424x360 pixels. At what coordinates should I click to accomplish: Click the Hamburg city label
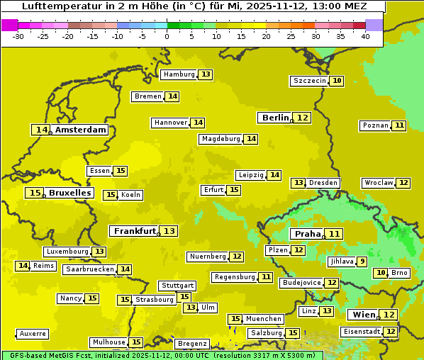[179, 74]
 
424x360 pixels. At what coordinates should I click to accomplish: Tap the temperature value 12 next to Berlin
[303, 118]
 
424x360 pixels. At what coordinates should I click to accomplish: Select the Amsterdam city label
[81, 130]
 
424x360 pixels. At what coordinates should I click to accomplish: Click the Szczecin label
[309, 81]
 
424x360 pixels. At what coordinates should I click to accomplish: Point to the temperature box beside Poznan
[399, 125]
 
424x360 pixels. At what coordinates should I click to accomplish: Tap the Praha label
[308, 234]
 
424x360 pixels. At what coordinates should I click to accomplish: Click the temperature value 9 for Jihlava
[362, 261]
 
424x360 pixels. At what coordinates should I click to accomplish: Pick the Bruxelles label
[69, 193]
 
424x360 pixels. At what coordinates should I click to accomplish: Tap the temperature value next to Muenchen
[235, 319]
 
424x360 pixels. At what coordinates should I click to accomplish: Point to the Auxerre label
[33, 333]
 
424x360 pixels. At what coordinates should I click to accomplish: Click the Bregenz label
[191, 344]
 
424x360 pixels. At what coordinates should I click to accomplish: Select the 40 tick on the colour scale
[364, 36]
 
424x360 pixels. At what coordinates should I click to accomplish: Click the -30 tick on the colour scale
[18, 36]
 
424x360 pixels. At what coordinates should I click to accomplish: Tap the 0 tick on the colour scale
[167, 36]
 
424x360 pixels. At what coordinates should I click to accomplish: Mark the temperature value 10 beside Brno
[381, 273]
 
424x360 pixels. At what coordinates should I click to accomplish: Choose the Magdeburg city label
[221, 139]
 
